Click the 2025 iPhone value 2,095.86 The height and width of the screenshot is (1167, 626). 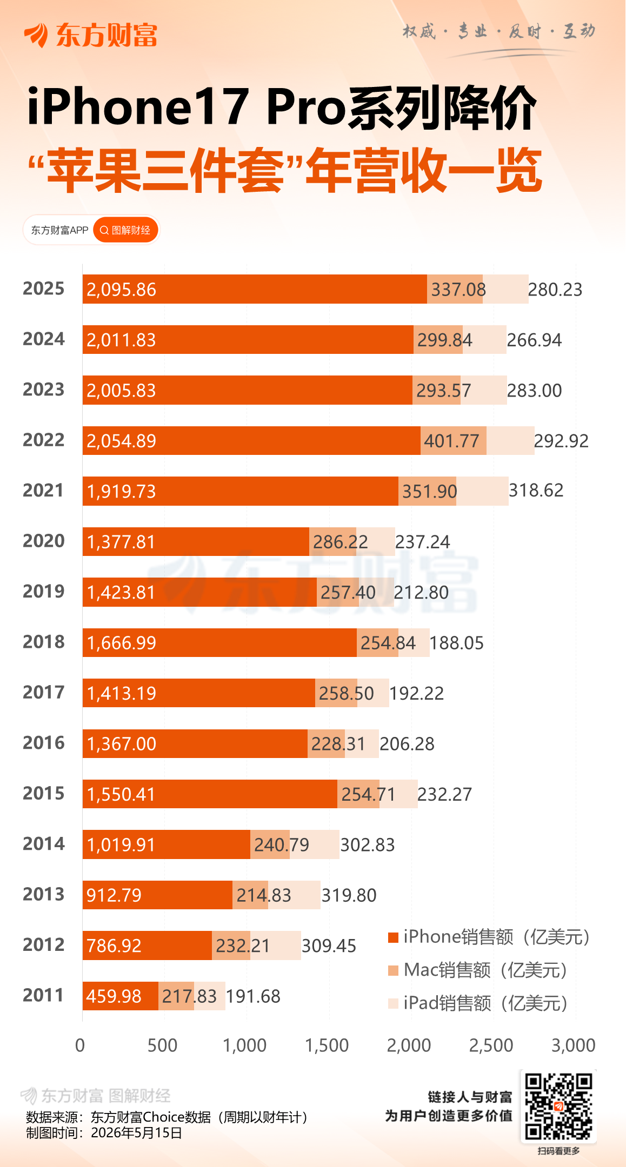click(x=121, y=290)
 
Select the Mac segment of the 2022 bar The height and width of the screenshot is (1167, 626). click(x=454, y=440)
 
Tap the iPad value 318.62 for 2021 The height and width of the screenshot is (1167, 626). click(x=536, y=491)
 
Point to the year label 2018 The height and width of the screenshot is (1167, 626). click(x=43, y=642)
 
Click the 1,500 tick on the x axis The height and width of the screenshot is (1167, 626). click(x=327, y=1045)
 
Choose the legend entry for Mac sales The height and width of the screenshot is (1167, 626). click(x=477, y=970)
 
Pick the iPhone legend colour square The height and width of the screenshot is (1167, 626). click(x=393, y=937)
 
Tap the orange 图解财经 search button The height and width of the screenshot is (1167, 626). click(x=125, y=230)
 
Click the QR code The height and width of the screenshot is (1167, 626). click(x=558, y=1106)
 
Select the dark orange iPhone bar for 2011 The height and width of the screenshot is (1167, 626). click(x=121, y=996)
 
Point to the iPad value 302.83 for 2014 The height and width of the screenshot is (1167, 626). click(x=367, y=845)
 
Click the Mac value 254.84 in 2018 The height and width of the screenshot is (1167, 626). click(x=388, y=643)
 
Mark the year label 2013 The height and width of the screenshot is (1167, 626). click(x=43, y=894)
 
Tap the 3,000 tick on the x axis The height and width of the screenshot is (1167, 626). click(x=573, y=1045)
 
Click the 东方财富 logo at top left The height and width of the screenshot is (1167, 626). click(x=90, y=35)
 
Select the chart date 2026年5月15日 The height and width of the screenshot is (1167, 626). click(x=137, y=1132)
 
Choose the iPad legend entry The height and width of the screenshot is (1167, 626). click(x=477, y=1003)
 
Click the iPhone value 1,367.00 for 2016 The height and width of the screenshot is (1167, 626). click(x=121, y=744)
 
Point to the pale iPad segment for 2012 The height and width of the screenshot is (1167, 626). click(x=276, y=945)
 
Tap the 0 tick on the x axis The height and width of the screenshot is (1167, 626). click(x=80, y=1045)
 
